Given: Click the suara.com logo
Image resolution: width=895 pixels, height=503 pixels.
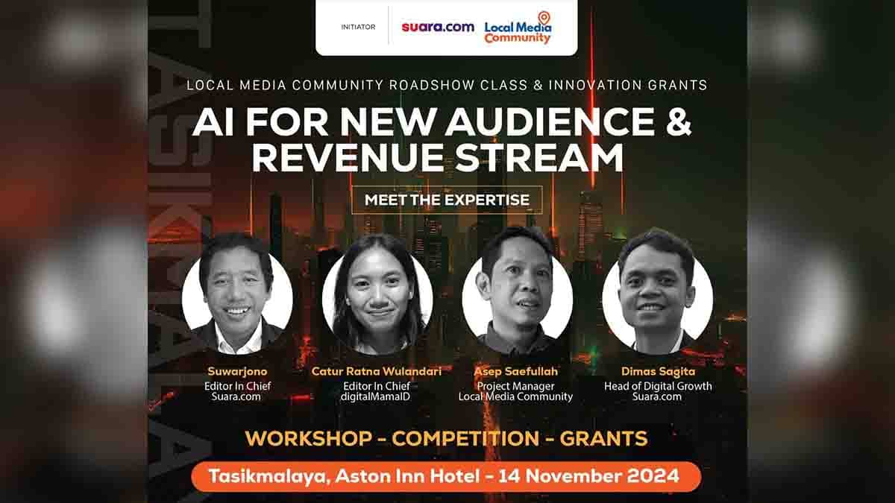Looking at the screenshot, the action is [x=438, y=27].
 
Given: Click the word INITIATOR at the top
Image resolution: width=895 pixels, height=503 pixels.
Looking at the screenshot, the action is [x=358, y=27].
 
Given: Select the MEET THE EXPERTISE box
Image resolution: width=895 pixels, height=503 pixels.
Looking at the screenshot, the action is [x=447, y=200].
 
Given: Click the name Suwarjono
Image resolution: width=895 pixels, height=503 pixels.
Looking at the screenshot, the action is [x=237, y=371].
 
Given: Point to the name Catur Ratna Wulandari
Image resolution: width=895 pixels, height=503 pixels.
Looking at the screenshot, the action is [x=377, y=371].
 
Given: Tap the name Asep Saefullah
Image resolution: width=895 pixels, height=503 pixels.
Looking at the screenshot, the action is [x=515, y=371].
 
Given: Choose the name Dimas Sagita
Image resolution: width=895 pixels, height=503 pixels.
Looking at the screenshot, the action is [x=658, y=371].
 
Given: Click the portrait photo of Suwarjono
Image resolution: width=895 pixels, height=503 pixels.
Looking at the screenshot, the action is [x=237, y=294].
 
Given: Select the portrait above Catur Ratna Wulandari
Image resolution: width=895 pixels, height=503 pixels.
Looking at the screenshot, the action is [x=377, y=294].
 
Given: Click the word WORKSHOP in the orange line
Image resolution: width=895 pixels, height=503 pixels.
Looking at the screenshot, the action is [x=309, y=438].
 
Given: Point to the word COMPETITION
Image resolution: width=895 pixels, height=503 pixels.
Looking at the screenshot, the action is [x=465, y=438].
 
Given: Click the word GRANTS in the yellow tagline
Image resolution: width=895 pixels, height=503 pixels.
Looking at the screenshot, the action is [x=603, y=438].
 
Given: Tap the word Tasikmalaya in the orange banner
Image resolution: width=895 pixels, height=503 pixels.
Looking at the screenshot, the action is [x=268, y=477].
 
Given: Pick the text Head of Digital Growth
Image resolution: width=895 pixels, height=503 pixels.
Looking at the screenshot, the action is [x=658, y=386].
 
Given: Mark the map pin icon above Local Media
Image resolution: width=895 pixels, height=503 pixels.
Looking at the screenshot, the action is [x=544, y=18].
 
